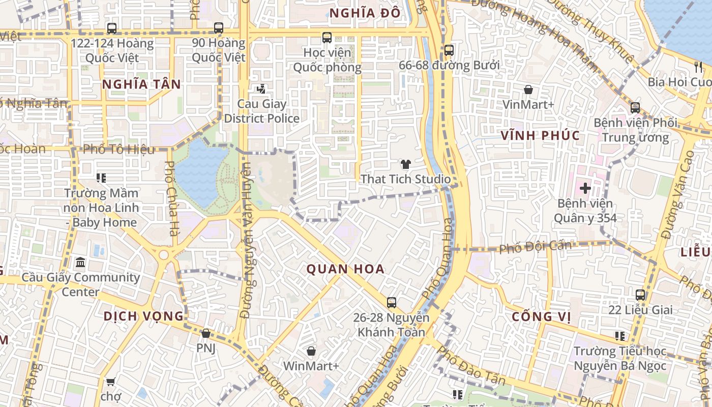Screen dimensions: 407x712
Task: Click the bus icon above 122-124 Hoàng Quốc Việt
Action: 112,28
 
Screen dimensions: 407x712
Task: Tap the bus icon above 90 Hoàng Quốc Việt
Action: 219,28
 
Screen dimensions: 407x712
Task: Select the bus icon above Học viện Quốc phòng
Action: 327,38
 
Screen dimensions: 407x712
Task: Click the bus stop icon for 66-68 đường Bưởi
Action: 449,50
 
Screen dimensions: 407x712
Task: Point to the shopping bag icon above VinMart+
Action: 528,90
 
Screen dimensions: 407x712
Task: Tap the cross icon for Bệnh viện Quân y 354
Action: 585,188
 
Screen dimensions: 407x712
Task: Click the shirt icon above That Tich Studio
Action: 405,164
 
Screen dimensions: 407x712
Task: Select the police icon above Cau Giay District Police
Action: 261,90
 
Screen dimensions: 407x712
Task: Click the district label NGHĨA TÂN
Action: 141,84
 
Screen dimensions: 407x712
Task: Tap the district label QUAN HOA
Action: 345,269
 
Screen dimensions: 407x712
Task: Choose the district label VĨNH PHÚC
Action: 540,135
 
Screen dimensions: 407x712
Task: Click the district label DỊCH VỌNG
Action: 143,316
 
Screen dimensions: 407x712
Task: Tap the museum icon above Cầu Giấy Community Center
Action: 80,263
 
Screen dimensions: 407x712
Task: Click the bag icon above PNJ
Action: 206,334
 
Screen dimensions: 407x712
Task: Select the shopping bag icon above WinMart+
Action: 311,351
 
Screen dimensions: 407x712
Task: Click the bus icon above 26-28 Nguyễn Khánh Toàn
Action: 392,303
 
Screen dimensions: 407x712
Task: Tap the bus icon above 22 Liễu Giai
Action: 640,295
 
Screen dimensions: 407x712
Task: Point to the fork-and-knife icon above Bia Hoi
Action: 698,67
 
